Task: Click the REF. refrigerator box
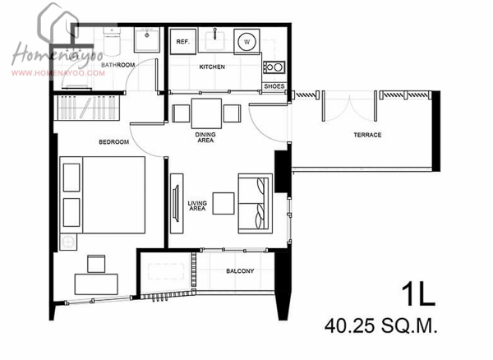click(x=183, y=41)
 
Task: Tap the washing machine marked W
click(x=246, y=41)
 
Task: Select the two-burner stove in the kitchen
click(x=274, y=67)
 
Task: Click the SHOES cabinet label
click(x=274, y=86)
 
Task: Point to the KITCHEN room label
click(x=212, y=67)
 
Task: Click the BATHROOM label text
click(x=117, y=65)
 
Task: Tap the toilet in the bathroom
click(x=112, y=40)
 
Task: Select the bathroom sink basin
click(x=147, y=39)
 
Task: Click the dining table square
click(x=206, y=113)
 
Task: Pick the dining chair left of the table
click(x=181, y=113)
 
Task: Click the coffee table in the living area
click(x=223, y=203)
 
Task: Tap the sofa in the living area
click(x=255, y=203)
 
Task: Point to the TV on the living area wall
click(x=176, y=203)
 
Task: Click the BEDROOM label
click(x=114, y=142)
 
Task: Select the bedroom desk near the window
click(x=96, y=284)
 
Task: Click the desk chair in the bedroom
click(x=96, y=264)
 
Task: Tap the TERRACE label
click(x=367, y=135)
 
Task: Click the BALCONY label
click(x=240, y=271)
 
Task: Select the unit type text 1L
click(x=418, y=295)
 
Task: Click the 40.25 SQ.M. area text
click(x=381, y=326)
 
